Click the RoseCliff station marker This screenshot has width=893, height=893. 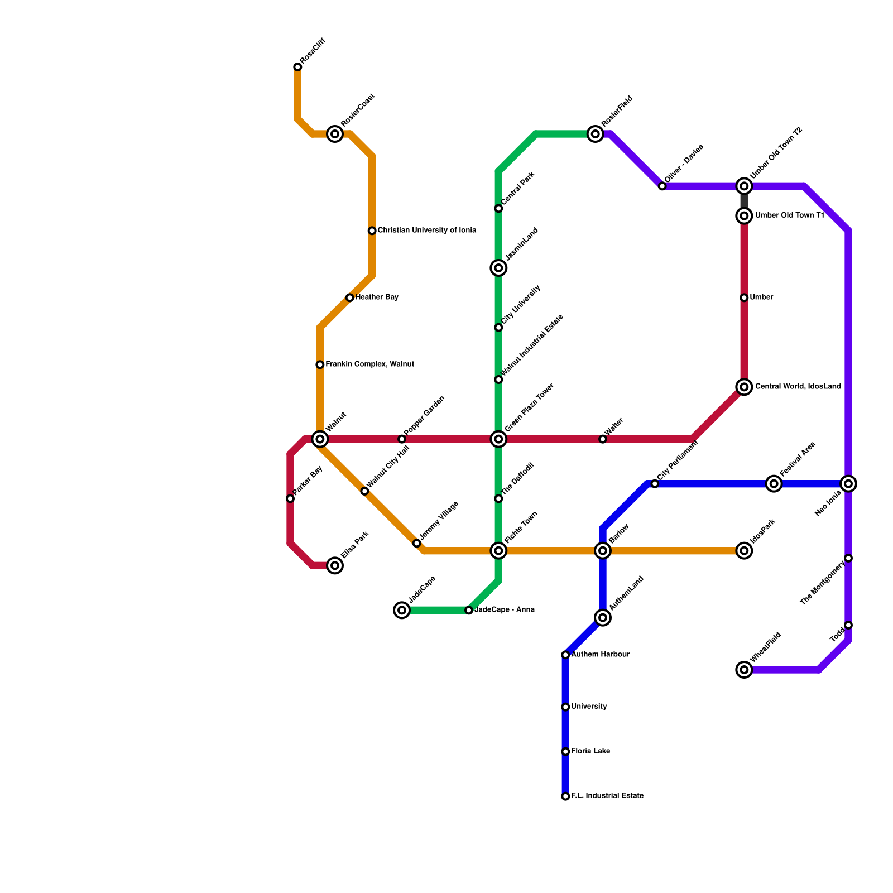pyautogui.click(x=297, y=67)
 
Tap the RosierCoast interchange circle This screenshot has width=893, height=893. pyautogui.click(x=335, y=134)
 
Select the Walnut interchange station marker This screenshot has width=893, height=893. pyautogui.click(x=320, y=439)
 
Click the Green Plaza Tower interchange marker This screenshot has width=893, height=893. pyautogui.click(x=498, y=439)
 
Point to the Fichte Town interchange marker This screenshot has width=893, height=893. pyautogui.click(x=498, y=551)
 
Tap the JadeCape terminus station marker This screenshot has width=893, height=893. pyautogui.click(x=402, y=610)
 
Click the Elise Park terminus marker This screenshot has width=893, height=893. pyautogui.click(x=335, y=565)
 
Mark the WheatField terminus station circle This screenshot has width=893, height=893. pyautogui.click(x=744, y=670)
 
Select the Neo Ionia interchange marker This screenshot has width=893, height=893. pyautogui.click(x=848, y=484)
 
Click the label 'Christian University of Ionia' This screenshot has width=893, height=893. pyautogui.click(x=426, y=231)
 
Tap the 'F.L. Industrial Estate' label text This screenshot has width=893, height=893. pyautogui.click(x=607, y=796)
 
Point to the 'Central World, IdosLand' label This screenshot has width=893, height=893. pyautogui.click(x=798, y=387)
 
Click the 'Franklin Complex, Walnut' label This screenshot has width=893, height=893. pyautogui.click(x=369, y=364)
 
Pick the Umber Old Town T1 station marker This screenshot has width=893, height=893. pyautogui.click(x=744, y=215)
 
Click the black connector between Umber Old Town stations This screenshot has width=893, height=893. pyautogui.click(x=744, y=200)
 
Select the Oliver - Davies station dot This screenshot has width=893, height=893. pyautogui.click(x=662, y=186)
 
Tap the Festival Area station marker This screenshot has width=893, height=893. pyautogui.click(x=774, y=484)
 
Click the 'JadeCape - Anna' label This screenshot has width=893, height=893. pyautogui.click(x=505, y=610)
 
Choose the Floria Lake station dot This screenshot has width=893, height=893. pyautogui.click(x=565, y=752)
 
